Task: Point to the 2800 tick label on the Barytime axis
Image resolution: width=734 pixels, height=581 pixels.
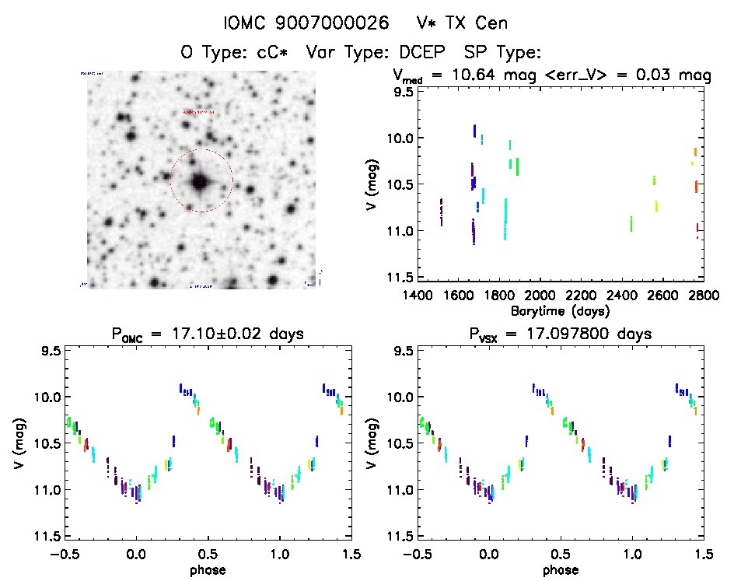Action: click(684, 296)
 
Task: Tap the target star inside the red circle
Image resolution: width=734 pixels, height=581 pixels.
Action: click(201, 181)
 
